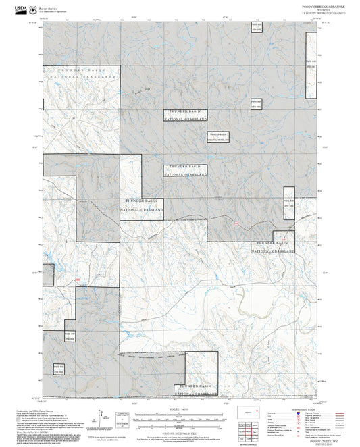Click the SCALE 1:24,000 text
[x=180, y=409]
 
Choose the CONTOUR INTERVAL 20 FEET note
[x=180, y=431]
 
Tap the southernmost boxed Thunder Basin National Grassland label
[x=195, y=389]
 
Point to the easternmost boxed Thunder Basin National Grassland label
[x=274, y=246]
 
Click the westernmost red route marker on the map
[x=78, y=280]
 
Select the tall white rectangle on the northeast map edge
[x=311, y=61]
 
